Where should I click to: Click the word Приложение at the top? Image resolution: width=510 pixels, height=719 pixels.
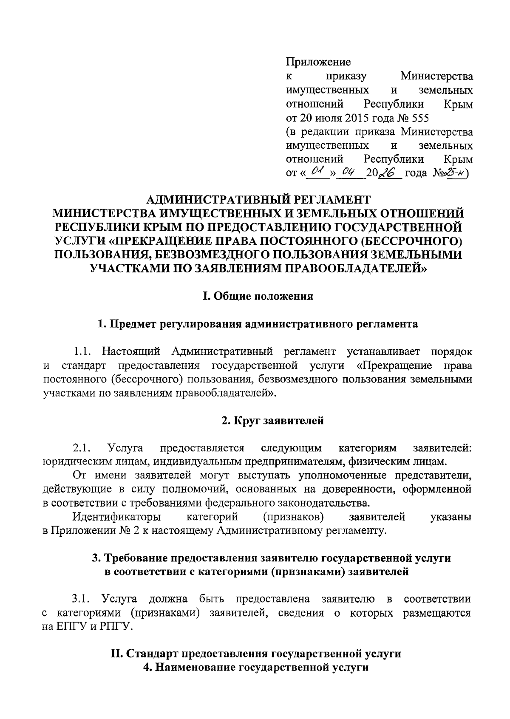click(318, 62)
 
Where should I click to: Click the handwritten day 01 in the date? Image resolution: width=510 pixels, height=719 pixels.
click(317, 172)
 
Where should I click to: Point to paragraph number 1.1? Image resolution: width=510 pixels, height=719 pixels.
click(82, 352)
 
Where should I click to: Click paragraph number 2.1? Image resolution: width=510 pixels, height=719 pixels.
click(82, 448)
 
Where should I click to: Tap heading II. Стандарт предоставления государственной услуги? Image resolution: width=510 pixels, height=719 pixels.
click(255, 654)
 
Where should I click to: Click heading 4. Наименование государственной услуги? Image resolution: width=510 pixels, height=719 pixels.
click(255, 668)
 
